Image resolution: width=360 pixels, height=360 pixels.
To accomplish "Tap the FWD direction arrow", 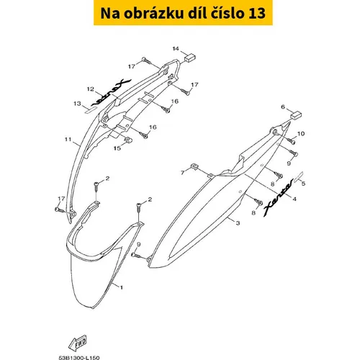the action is pos(77,343).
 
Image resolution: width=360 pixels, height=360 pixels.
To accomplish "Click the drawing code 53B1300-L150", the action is pos(79,358).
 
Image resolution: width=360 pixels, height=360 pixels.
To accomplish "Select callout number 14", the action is pos(176,49).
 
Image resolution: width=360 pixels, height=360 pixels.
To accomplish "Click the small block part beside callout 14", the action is pos(190,58).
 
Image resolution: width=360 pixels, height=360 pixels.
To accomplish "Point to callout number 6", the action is pos(283,107).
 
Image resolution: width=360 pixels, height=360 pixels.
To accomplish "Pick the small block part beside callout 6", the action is pos(296,115).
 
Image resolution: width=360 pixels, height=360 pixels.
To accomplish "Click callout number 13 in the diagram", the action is pos(77,104).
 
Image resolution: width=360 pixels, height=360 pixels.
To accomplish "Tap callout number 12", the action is pos(91,89).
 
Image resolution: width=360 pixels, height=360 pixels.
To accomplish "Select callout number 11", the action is pos(68,139).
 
